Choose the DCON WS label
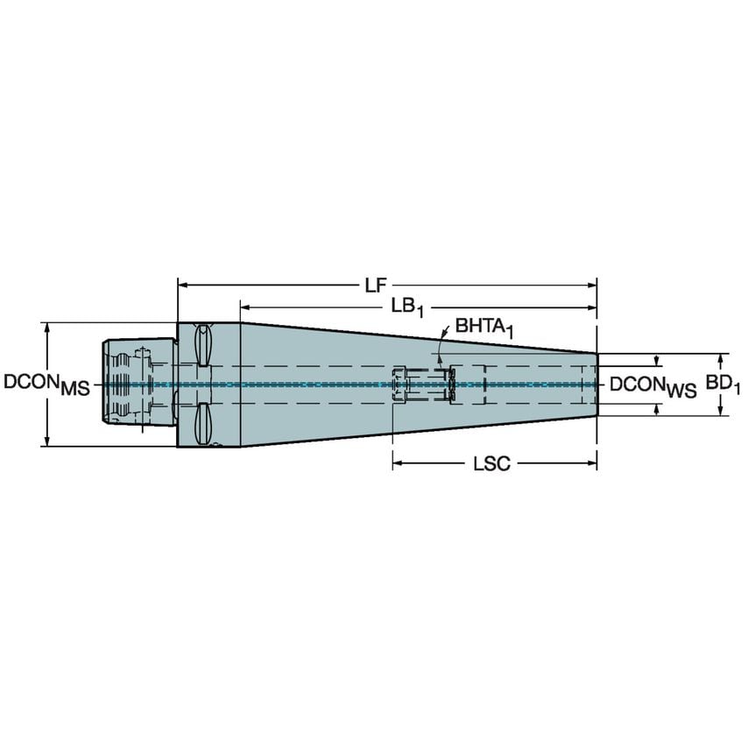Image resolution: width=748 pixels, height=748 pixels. [653, 385]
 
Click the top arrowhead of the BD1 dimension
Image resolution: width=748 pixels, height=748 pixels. [721, 359]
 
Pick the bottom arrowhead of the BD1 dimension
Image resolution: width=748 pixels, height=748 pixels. [721, 411]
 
